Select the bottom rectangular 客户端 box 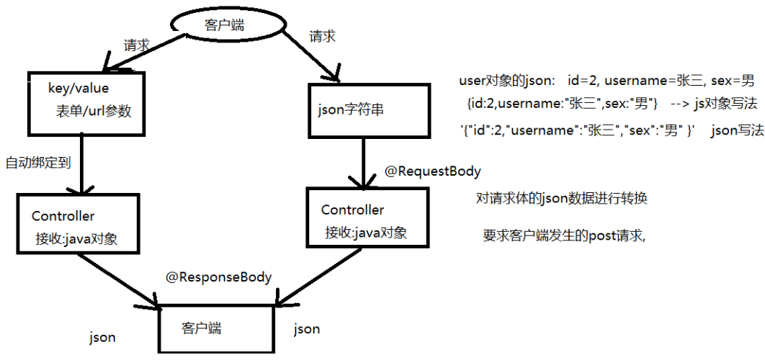[217, 328]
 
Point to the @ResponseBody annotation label [219, 276]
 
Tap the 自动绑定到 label [37, 162]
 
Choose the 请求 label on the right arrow [321, 35]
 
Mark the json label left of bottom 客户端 [102, 337]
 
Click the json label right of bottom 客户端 [307, 329]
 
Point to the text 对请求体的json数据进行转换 [562, 198]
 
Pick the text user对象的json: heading [506, 80]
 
